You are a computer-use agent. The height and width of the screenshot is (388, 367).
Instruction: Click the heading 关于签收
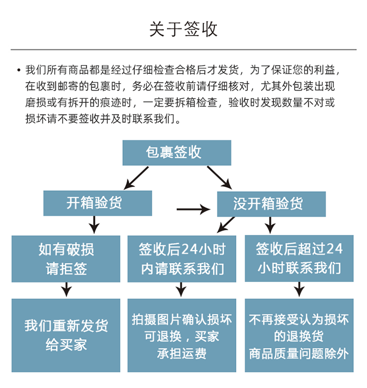tap(183, 29)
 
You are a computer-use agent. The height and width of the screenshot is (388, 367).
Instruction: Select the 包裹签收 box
tap(177, 153)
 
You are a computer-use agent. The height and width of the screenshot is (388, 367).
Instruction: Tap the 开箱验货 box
tap(98, 203)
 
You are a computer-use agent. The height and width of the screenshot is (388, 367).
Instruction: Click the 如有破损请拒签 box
tap(66, 259)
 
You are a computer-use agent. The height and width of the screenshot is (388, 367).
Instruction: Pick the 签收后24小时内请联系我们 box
tap(182, 259)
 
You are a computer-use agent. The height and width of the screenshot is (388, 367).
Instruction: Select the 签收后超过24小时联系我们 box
tap(299, 259)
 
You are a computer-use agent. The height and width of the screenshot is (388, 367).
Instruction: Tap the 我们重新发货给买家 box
tap(66, 335)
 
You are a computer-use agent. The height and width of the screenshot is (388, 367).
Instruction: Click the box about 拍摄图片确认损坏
tap(182, 335)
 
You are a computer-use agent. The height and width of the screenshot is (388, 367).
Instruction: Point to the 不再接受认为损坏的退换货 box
tap(299, 335)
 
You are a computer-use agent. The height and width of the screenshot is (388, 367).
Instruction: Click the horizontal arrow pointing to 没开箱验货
tap(193, 209)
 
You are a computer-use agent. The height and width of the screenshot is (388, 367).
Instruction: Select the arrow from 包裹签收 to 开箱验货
tap(136, 178)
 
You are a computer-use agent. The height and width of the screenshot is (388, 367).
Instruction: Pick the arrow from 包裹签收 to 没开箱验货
tap(219, 177)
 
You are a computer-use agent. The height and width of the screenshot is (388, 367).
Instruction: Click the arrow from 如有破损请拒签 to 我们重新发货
tap(66, 290)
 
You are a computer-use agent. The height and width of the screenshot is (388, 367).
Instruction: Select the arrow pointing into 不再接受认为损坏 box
tap(299, 290)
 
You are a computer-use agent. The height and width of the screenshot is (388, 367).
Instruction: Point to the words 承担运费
tap(182, 353)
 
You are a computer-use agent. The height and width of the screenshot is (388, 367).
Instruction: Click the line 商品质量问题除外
tap(299, 353)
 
